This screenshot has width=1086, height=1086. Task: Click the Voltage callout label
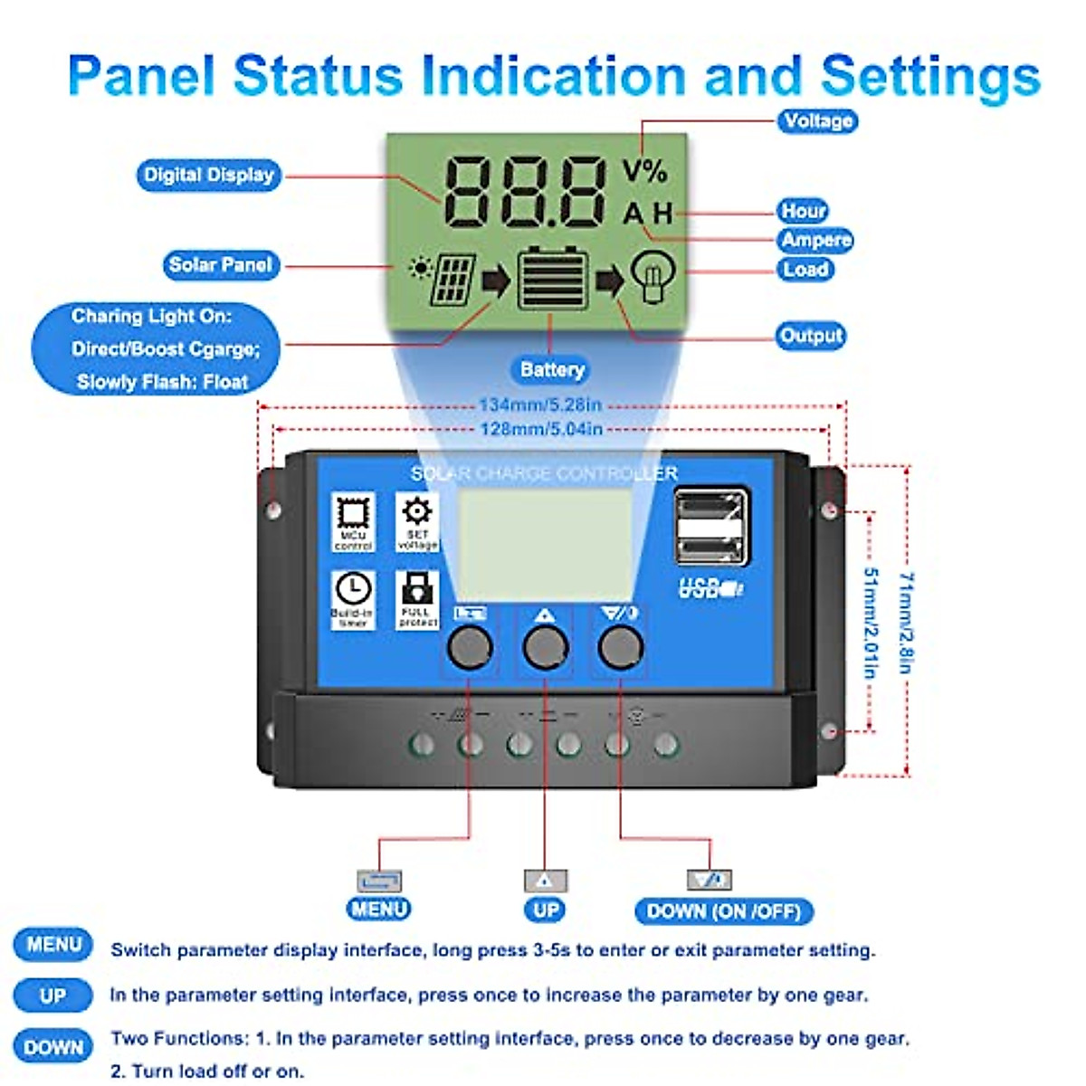[817, 121]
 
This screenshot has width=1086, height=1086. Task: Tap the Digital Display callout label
[208, 175]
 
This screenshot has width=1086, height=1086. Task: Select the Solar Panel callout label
[220, 265]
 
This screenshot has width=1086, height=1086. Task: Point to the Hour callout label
[803, 211]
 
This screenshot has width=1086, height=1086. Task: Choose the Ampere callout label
[816, 240]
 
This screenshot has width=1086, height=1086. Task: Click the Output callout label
[811, 336]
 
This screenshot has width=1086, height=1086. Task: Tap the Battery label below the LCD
[552, 369]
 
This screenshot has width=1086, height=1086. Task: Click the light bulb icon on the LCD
[652, 278]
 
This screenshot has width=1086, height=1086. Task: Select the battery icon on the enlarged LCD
[551, 278]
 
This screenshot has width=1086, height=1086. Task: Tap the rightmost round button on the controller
[621, 647]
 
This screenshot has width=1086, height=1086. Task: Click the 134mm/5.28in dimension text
[540, 405]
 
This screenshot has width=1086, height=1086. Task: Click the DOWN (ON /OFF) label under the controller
[724, 911]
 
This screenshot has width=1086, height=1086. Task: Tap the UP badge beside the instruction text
[52, 995]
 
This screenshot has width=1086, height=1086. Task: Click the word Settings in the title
[930, 76]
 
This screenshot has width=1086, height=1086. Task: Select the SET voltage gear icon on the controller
[417, 512]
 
